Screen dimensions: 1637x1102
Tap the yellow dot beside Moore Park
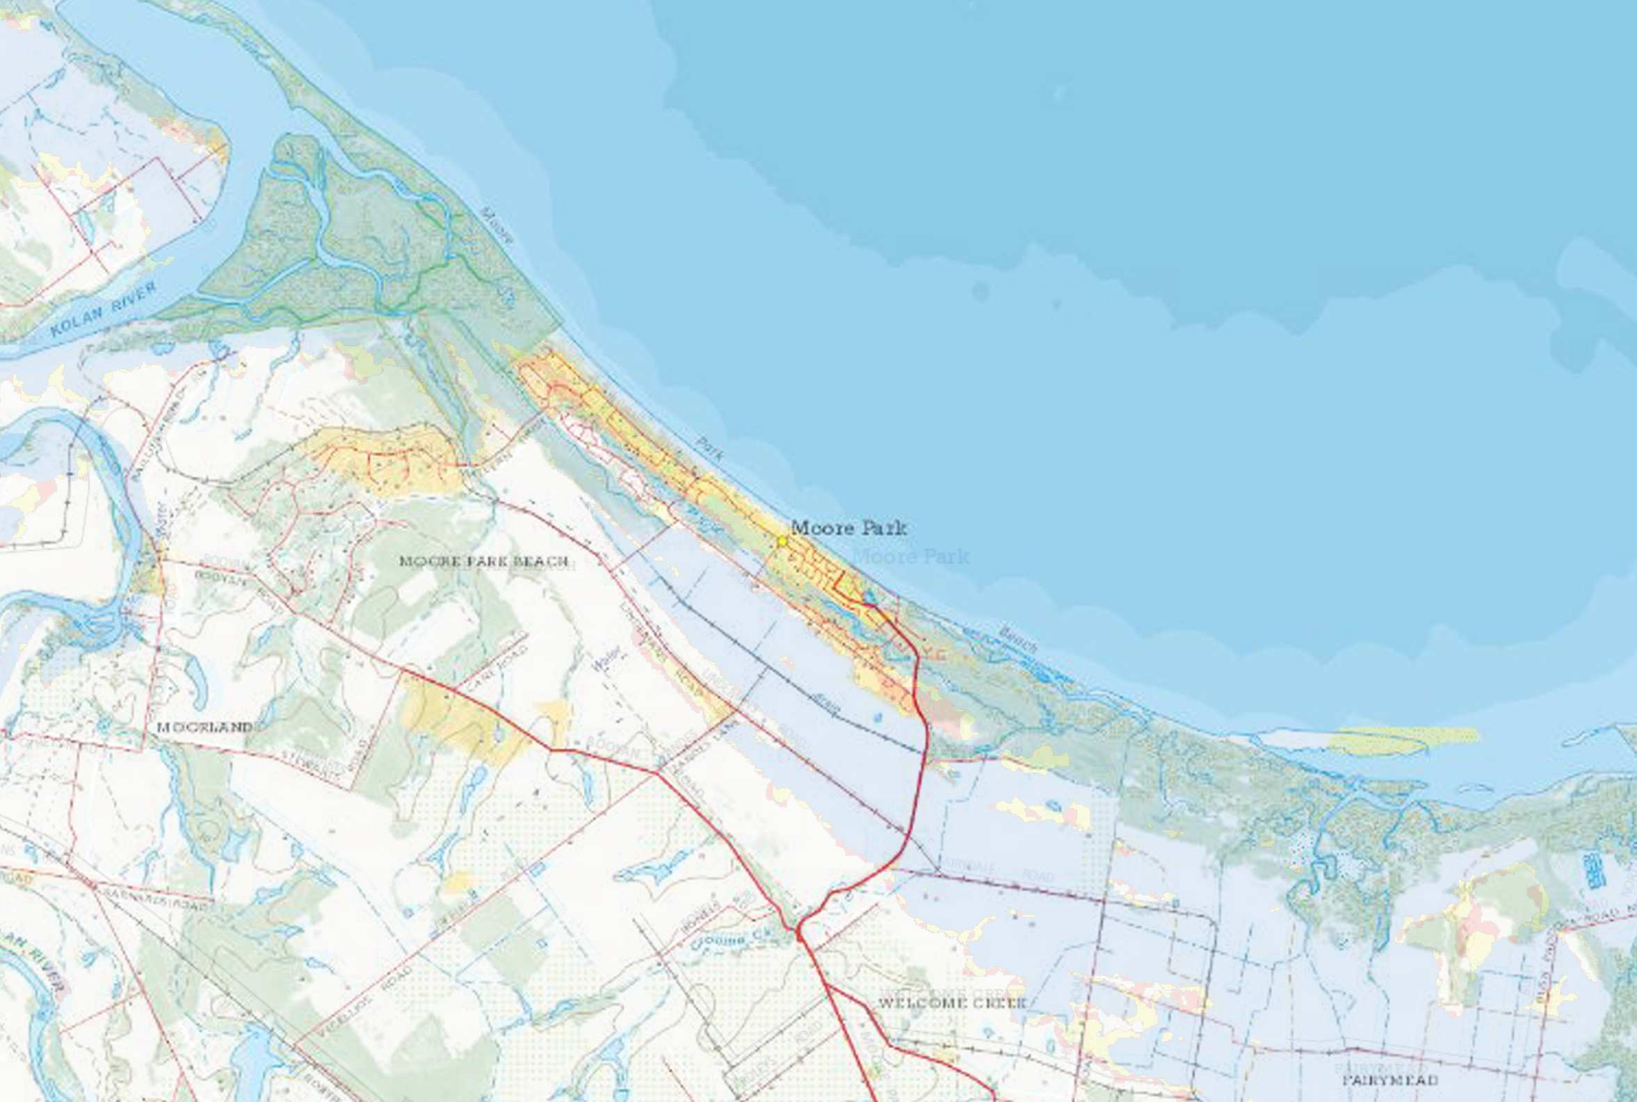782,540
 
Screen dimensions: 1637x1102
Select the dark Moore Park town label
849,527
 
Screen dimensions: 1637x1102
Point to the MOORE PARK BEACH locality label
483,561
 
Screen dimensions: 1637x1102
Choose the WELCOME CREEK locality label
953,1002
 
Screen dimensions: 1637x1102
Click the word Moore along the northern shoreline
498,225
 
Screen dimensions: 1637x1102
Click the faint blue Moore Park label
910,558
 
